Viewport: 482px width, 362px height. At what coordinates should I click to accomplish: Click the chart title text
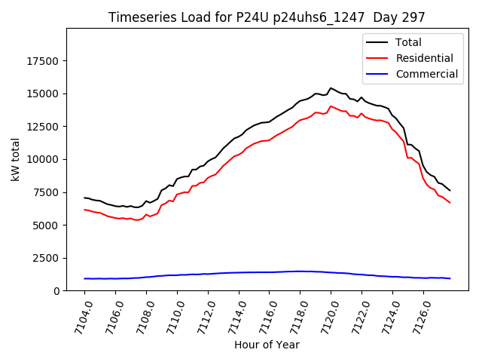pos(267,17)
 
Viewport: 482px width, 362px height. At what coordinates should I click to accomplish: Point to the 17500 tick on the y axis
pos(44,61)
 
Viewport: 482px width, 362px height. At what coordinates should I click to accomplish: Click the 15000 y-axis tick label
pos(44,94)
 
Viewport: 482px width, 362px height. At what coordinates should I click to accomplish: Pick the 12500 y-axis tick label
pos(44,127)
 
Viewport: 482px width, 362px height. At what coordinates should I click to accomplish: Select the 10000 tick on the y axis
pos(44,160)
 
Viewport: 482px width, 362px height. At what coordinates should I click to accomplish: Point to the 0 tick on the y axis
pos(58,291)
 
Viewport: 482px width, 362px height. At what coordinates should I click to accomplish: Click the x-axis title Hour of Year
pos(267,345)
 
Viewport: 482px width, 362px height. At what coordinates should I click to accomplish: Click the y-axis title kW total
pos(15,160)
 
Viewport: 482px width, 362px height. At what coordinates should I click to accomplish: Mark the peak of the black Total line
pos(331,87)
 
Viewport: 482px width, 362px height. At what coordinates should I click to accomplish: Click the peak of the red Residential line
pos(331,106)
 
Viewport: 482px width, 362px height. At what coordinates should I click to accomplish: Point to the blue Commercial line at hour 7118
pos(300,271)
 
